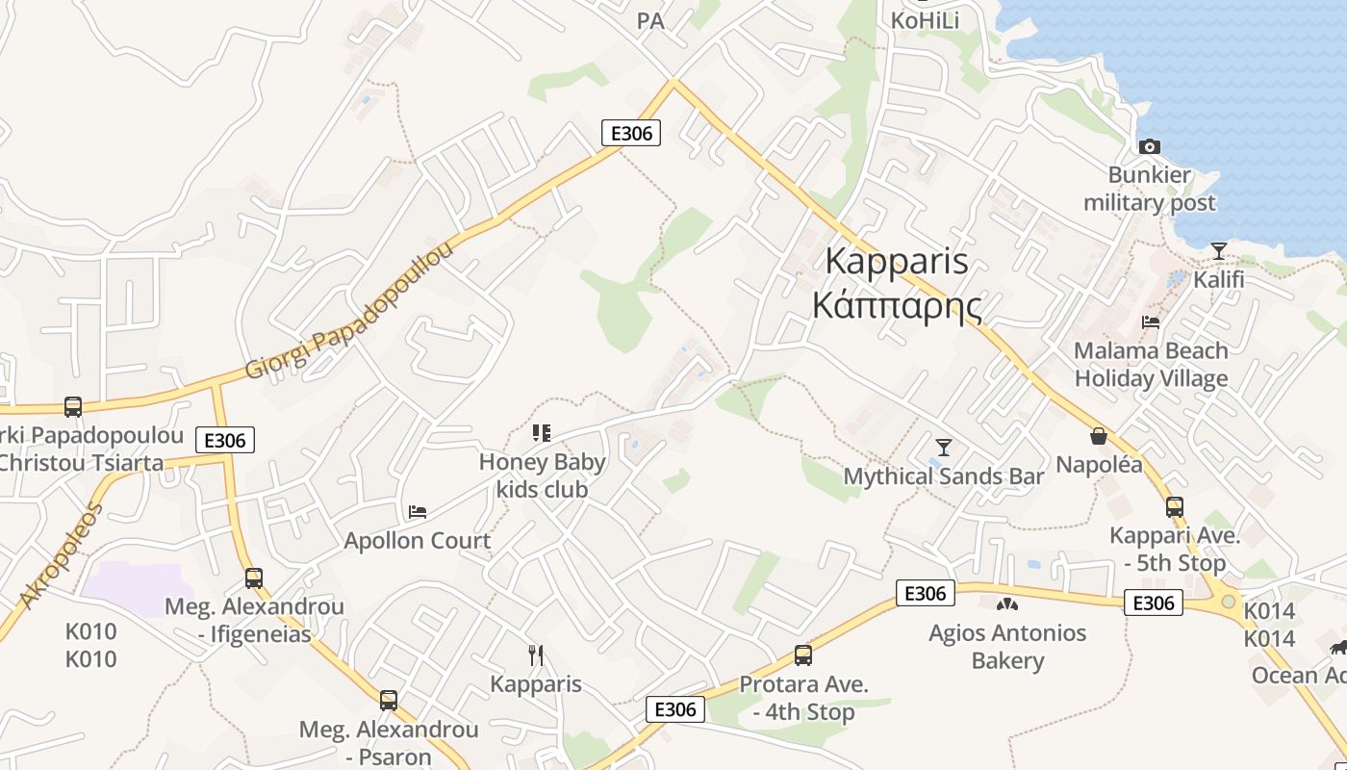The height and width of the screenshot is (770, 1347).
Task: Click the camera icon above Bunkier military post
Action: click(x=1149, y=146)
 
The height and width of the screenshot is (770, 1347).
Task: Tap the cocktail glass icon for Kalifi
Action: click(x=1219, y=251)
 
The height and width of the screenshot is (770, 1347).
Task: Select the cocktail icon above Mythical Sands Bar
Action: click(x=944, y=448)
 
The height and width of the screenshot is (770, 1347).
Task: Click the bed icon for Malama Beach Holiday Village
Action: click(x=1151, y=321)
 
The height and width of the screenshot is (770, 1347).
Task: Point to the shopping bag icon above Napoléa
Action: click(x=1099, y=436)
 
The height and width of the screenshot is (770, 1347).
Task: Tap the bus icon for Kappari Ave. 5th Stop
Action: click(x=1174, y=507)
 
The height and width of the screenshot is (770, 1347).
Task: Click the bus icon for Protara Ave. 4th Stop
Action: click(x=803, y=655)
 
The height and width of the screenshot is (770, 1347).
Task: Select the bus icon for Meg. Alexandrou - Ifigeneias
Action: click(x=254, y=577)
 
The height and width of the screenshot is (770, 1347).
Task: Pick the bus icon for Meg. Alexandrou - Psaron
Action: click(x=389, y=700)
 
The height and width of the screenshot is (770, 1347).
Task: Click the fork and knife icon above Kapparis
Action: click(x=536, y=655)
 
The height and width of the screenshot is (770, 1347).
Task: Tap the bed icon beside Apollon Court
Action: click(x=418, y=511)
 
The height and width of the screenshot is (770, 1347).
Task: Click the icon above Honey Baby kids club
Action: click(x=543, y=433)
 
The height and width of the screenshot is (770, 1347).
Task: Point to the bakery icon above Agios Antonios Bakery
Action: click(x=1007, y=604)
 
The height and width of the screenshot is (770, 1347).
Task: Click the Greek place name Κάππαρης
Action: click(x=897, y=306)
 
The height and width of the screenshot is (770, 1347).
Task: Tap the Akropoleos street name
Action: click(x=60, y=555)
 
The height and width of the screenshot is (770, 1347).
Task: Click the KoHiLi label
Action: click(x=925, y=20)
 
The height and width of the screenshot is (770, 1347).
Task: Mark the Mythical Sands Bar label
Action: click(x=944, y=476)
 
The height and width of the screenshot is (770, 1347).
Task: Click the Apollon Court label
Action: click(x=418, y=540)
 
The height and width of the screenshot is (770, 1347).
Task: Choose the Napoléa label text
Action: click(x=1099, y=465)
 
